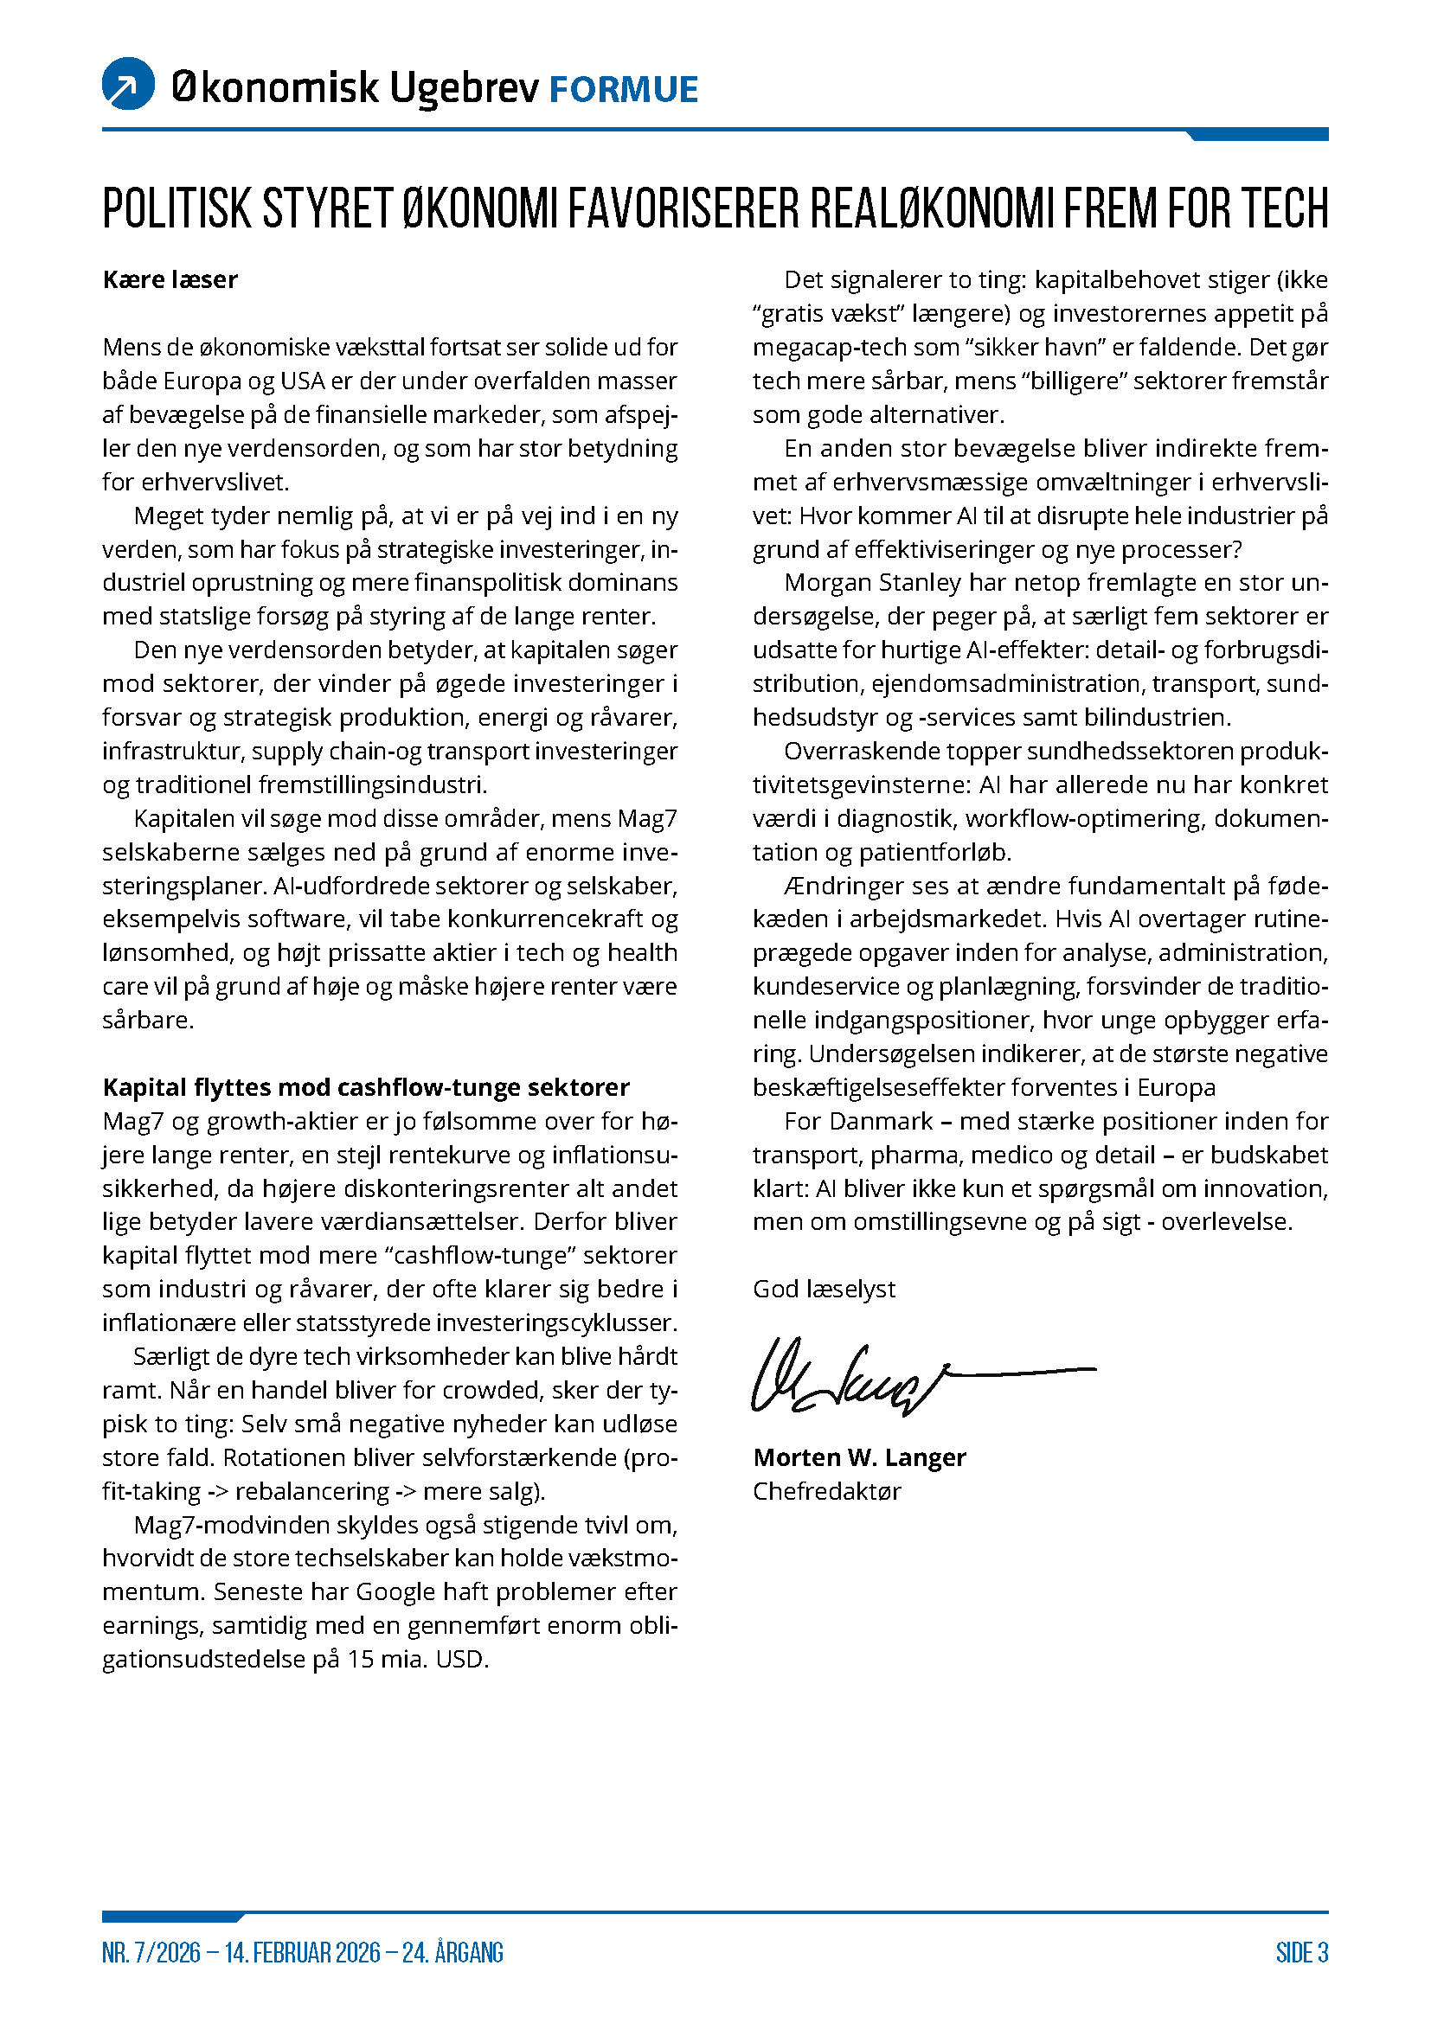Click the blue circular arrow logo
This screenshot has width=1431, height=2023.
click(x=129, y=84)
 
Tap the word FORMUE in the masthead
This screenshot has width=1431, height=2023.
click(x=623, y=90)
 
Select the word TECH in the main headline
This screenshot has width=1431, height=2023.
click(x=1285, y=208)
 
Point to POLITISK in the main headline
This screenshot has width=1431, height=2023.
click(x=177, y=208)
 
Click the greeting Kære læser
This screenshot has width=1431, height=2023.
click(x=170, y=279)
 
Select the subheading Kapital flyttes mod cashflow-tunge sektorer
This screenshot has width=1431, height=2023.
click(x=366, y=1087)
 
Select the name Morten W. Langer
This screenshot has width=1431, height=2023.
click(x=859, y=1457)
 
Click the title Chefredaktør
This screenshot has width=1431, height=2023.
click(x=826, y=1491)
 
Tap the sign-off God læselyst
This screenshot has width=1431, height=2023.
click(x=823, y=1289)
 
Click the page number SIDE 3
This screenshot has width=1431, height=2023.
click(x=1301, y=1953)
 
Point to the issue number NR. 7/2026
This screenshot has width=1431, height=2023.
click(x=151, y=1953)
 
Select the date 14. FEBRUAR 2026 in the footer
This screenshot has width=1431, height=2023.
click(x=301, y=1953)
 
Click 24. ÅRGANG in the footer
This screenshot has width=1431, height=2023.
click(x=452, y=1953)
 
